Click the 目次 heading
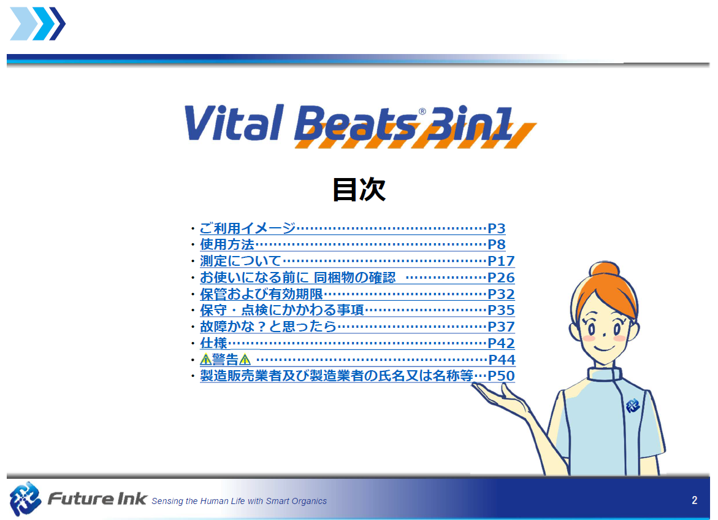tap(359, 189)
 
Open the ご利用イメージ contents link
tap(248, 228)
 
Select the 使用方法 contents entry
tap(227, 244)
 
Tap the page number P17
tap(501, 261)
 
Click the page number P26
tap(501, 277)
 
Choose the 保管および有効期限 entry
tap(261, 294)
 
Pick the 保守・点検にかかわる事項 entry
tap(282, 310)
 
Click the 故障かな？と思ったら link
tap(269, 327)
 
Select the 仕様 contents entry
tap(214, 343)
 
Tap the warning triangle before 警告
tap(205, 360)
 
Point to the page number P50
tap(501, 376)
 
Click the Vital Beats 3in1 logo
tap(360, 125)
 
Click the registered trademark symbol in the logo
tap(422, 112)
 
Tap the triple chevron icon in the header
tap(38, 24)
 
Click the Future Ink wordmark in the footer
tap(97, 499)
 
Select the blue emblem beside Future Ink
tap(26, 499)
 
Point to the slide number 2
tap(694, 500)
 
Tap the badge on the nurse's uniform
tap(632, 405)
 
